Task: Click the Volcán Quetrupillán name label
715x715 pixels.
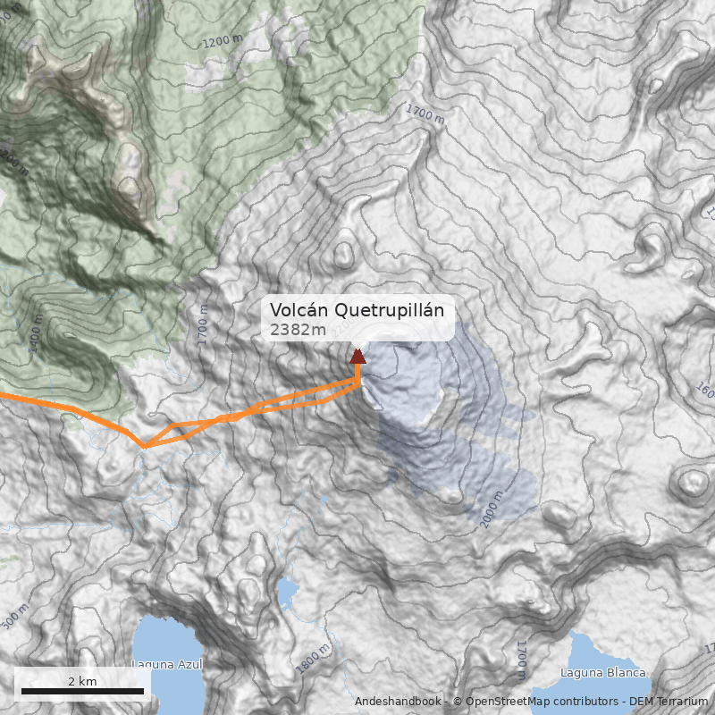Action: click(357, 310)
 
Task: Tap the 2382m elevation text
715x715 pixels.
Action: click(299, 330)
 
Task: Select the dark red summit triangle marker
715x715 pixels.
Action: click(357, 357)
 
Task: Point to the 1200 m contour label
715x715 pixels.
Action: click(223, 41)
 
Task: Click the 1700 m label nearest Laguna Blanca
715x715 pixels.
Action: click(521, 660)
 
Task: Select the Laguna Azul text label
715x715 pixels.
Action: click(167, 664)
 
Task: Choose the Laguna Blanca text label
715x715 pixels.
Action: click(602, 673)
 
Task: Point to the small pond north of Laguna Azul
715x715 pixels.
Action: click(287, 592)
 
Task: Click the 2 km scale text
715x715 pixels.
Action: click(82, 681)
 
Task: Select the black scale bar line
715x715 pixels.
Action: click(82, 691)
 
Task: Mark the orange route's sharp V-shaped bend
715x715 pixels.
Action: click(145, 446)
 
